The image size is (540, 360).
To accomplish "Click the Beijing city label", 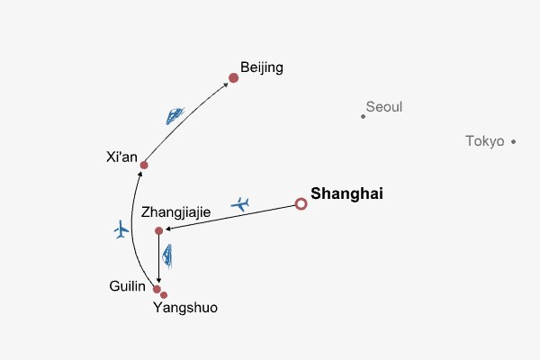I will pyautogui.click(x=262, y=67).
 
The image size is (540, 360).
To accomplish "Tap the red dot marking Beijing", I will pyautogui.click(x=233, y=77).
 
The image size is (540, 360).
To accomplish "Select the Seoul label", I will pyautogui.click(x=384, y=107).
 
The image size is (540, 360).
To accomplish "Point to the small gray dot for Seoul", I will pyautogui.click(x=363, y=116).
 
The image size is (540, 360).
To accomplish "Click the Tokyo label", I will pyautogui.click(x=485, y=140).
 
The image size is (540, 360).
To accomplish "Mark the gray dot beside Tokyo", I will pyautogui.click(x=513, y=141).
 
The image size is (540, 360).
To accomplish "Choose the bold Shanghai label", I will pyautogui.click(x=347, y=193).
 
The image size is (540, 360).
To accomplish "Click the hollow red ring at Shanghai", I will pyautogui.click(x=301, y=204).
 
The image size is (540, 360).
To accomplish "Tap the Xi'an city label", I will pyautogui.click(x=121, y=158).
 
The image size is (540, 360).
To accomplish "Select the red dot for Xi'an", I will pyautogui.click(x=144, y=165).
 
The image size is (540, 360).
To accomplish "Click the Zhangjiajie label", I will pyautogui.click(x=176, y=212).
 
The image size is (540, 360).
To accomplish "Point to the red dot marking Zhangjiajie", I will pyautogui.click(x=159, y=231).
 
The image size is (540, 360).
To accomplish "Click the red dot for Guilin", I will pyautogui.click(x=157, y=289).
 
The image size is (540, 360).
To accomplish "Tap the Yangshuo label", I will pyautogui.click(x=185, y=308).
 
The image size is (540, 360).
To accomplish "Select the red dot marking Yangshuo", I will pyautogui.click(x=164, y=295).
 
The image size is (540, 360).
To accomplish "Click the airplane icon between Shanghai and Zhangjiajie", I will pyautogui.click(x=240, y=203).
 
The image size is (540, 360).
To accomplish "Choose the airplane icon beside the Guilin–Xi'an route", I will pyautogui.click(x=121, y=229).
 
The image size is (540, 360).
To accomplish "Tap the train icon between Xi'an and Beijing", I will pyautogui.click(x=175, y=115).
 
